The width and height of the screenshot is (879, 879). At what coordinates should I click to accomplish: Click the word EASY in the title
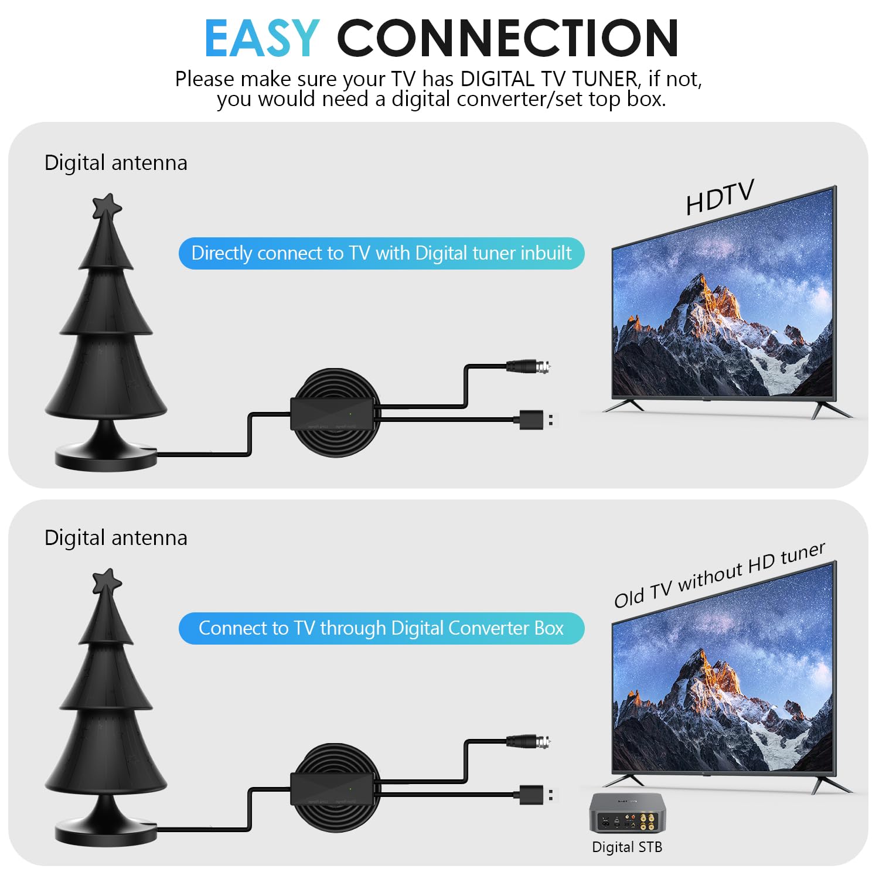[262, 39]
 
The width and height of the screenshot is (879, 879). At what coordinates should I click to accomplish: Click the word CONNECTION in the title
[507, 39]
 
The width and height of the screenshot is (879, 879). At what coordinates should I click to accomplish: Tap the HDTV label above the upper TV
[720, 197]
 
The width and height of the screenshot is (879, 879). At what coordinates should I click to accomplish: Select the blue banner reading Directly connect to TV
[381, 253]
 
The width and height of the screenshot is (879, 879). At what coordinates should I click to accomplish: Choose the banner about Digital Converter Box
[381, 628]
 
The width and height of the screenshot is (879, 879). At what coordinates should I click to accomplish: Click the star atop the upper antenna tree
[107, 207]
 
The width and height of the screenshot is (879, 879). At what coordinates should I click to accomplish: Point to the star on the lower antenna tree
[107, 582]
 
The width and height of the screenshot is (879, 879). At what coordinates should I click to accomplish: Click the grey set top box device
[627, 813]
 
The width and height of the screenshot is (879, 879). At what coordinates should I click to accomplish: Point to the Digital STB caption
[627, 847]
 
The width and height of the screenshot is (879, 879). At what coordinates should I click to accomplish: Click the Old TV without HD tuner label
[720, 575]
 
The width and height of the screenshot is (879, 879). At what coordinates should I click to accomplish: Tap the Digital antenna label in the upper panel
[116, 163]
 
